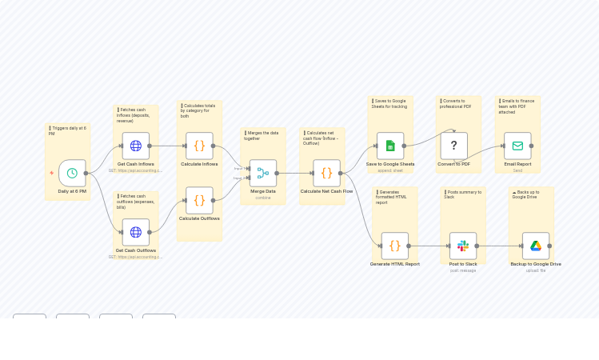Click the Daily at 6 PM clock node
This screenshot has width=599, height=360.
coord(72,173)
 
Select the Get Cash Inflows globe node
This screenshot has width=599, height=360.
coord(135,146)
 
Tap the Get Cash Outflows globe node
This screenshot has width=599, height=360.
coord(135,232)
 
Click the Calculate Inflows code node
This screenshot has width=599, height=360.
coord(199,146)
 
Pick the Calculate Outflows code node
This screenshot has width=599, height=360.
coord(199,200)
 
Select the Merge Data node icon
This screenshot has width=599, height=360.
coord(262,173)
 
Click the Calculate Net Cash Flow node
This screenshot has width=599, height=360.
coord(326,173)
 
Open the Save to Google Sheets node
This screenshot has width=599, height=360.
coord(390,146)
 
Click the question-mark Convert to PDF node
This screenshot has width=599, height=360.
coord(453,146)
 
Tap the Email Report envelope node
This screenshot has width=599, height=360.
coord(517,146)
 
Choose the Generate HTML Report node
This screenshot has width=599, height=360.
coord(394,246)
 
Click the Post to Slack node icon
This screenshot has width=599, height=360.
coord(463,246)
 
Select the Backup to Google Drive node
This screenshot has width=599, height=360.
coord(536,246)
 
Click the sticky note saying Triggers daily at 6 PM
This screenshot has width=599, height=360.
coord(67,130)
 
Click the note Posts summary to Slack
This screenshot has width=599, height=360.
coord(462,194)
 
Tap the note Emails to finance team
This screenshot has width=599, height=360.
coord(517,106)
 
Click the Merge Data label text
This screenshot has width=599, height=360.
coord(262,191)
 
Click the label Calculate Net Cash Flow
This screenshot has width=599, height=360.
coord(326,191)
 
